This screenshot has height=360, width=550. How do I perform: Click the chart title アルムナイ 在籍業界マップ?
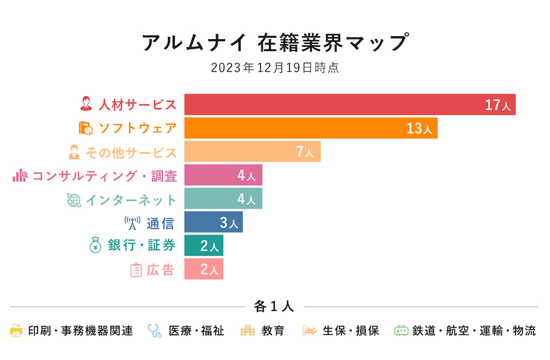275,43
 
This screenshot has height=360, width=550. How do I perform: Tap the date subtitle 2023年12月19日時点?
275,68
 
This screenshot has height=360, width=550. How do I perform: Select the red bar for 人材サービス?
330,104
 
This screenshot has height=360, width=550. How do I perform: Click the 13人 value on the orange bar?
420,129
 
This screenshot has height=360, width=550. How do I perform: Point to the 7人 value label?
305,152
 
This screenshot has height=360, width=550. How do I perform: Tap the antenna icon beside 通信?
133,223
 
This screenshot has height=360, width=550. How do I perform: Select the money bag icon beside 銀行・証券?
96,246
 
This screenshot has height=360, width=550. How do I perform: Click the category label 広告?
160,270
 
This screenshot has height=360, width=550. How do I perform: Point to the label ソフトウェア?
137,129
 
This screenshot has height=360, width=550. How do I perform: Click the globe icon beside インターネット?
73,200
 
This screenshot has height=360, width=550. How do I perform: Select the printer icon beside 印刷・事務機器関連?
16,331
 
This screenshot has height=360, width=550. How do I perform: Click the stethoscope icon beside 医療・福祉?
155,331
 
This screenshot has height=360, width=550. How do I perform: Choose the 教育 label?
273,331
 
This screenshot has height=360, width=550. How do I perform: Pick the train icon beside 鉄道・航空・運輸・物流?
402,331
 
